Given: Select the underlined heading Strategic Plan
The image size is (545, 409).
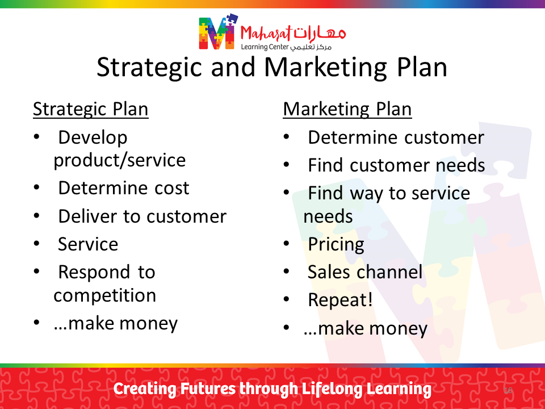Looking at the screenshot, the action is coord(91,110).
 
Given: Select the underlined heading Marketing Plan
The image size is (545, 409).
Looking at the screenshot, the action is coord(347,110).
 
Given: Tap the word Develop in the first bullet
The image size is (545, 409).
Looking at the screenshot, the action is coord(93,138).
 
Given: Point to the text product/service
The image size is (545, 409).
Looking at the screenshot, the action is coord(120,160).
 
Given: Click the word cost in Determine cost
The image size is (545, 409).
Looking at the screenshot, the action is coord(171,188).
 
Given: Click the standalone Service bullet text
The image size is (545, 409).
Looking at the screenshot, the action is coord(88,244).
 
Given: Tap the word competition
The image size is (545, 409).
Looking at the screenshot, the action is coord(104,296).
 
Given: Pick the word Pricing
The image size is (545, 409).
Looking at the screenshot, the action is coord(336,245).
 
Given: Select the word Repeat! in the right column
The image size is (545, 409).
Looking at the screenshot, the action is coord(340,300).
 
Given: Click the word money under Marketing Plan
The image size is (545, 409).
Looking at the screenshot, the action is coord(398,329).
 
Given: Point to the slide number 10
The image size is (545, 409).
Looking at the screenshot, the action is coord(508,390).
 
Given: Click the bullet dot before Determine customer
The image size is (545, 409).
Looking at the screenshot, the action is coord(286,137).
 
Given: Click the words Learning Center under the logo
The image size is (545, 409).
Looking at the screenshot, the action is coord(265,47).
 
